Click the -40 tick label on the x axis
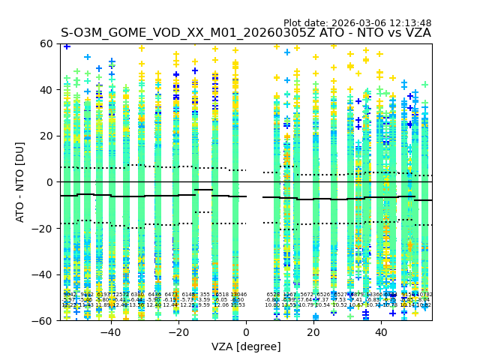click(x=110, y=332)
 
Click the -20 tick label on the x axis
click(x=178, y=332)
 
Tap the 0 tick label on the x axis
click(x=246, y=332)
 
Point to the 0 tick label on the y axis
click(x=50, y=182)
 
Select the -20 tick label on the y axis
click(x=44, y=228)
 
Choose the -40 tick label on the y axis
click(x=44, y=274)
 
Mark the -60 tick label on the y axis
click(x=44, y=320)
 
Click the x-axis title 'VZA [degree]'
click(x=246, y=346)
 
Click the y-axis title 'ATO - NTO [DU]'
click(x=21, y=182)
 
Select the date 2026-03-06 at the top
click(x=360, y=23)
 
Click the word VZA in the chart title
click(x=416, y=33)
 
